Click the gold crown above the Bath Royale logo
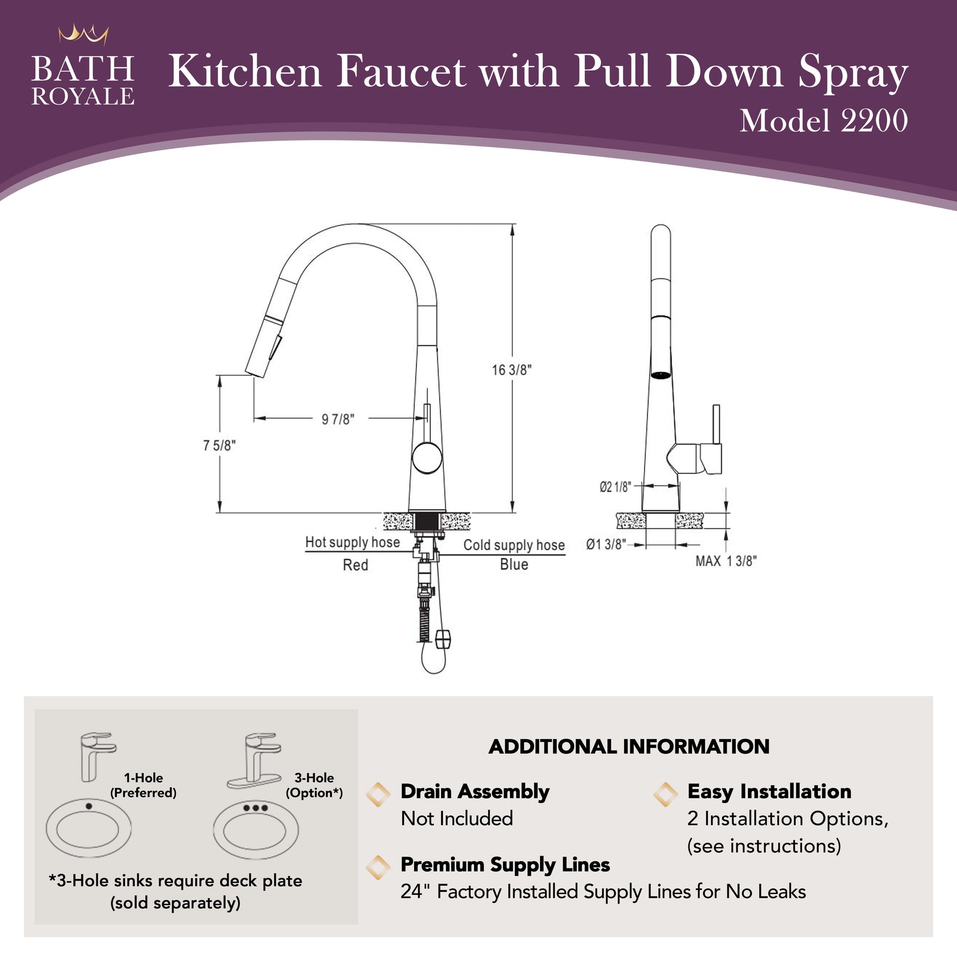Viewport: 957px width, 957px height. [x=83, y=35]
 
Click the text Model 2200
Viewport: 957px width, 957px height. [x=824, y=120]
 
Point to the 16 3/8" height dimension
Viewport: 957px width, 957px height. [x=511, y=370]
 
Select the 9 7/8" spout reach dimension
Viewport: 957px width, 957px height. [x=338, y=419]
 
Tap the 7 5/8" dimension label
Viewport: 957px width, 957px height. [x=219, y=446]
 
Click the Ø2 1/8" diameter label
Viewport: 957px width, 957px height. [x=615, y=487]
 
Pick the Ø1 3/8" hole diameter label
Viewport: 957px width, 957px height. [x=606, y=544]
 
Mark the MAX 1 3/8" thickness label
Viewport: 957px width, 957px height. [x=726, y=561]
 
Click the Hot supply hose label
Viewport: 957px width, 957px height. [x=353, y=542]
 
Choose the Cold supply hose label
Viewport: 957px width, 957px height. [x=514, y=545]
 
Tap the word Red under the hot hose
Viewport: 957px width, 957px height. [x=356, y=565]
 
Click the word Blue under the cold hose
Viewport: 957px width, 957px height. [x=514, y=564]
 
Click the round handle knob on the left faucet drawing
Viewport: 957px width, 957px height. [x=427, y=458]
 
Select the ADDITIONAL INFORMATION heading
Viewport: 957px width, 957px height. [x=629, y=747]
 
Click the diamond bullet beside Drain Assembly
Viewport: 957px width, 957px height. [x=378, y=794]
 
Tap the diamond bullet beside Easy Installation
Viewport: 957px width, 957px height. [x=665, y=794]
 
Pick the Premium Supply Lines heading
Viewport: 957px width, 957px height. [x=505, y=865]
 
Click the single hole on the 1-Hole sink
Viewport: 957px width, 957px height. [x=89, y=806]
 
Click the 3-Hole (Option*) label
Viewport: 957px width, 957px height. [x=314, y=785]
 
